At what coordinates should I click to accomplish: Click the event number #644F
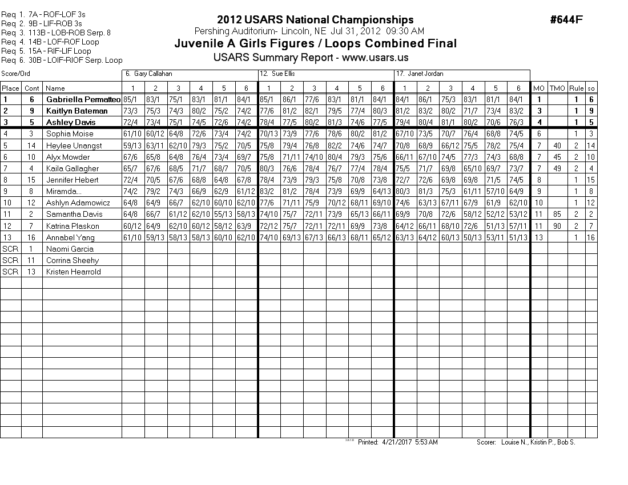[x=566, y=20]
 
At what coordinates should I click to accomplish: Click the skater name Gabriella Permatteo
[x=83, y=99]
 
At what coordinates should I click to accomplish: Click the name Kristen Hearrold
[x=73, y=272]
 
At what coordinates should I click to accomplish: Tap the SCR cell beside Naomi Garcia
[x=10, y=249]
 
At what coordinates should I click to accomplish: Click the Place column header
[x=10, y=88]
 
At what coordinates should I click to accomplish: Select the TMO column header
[x=557, y=88]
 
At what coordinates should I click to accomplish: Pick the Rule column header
[x=577, y=88]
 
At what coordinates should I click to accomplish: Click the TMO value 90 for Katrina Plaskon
[x=557, y=226]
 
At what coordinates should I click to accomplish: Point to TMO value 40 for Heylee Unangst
[x=557, y=145]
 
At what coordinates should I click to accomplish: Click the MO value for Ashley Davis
[x=539, y=122]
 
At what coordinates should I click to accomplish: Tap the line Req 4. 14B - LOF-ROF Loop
[x=50, y=42]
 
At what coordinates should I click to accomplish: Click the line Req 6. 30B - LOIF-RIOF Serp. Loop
[x=62, y=60]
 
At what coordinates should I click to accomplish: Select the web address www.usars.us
[x=375, y=58]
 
